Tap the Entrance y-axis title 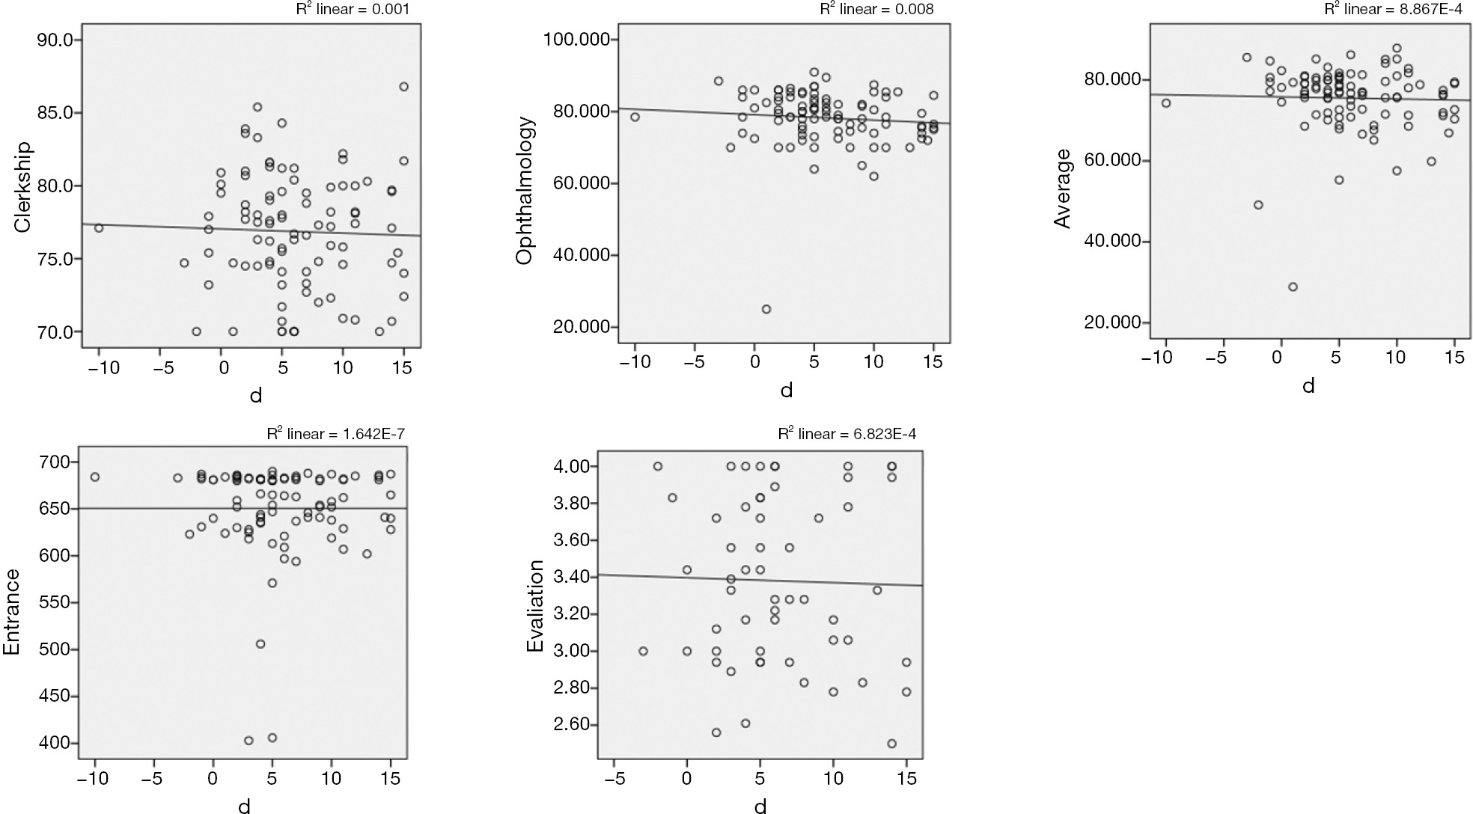tap(12, 612)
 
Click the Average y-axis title tap(1062, 188)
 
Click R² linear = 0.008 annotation tap(877, 9)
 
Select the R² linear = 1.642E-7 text tap(336, 434)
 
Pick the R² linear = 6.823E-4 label tap(847, 434)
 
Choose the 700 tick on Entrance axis tap(55, 462)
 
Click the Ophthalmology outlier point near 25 tap(766, 309)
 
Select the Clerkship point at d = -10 tap(99, 228)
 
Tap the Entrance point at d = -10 tap(95, 477)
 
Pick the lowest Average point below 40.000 tap(1293, 287)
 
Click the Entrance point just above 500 tap(260, 643)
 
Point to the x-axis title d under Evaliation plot tap(760, 806)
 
